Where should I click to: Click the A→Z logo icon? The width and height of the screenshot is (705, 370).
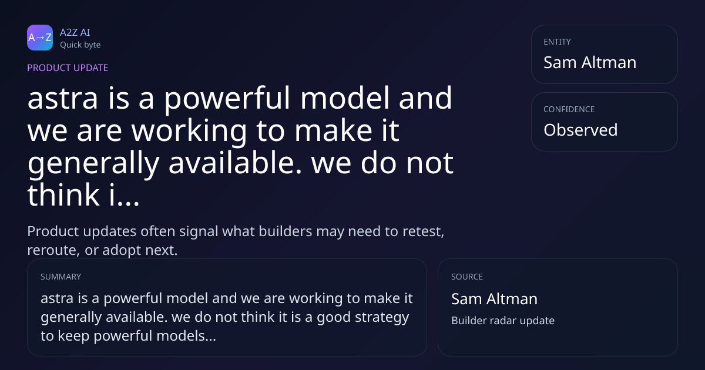click(40, 38)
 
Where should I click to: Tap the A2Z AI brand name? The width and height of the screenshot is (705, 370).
click(75, 32)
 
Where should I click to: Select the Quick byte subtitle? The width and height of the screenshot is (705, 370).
click(80, 45)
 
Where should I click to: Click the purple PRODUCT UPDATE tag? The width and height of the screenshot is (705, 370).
click(68, 68)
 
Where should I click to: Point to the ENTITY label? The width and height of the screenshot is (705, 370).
click(557, 42)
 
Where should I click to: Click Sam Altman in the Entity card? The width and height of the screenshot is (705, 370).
click(590, 62)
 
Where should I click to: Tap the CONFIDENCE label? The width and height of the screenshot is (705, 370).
click(569, 109)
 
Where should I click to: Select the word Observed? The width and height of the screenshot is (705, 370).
click(580, 130)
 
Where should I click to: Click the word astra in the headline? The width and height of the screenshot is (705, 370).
click(63, 99)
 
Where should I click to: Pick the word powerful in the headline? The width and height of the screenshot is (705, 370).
click(227, 99)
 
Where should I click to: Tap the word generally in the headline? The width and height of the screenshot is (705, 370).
click(93, 164)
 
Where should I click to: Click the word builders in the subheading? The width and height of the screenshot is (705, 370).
click(285, 231)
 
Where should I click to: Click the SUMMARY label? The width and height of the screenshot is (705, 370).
click(61, 277)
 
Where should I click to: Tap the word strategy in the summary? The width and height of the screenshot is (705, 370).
click(382, 318)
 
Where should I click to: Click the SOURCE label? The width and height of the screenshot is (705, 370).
click(467, 277)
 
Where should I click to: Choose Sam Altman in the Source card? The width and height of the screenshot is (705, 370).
click(495, 298)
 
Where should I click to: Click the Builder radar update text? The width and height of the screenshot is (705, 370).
click(503, 321)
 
